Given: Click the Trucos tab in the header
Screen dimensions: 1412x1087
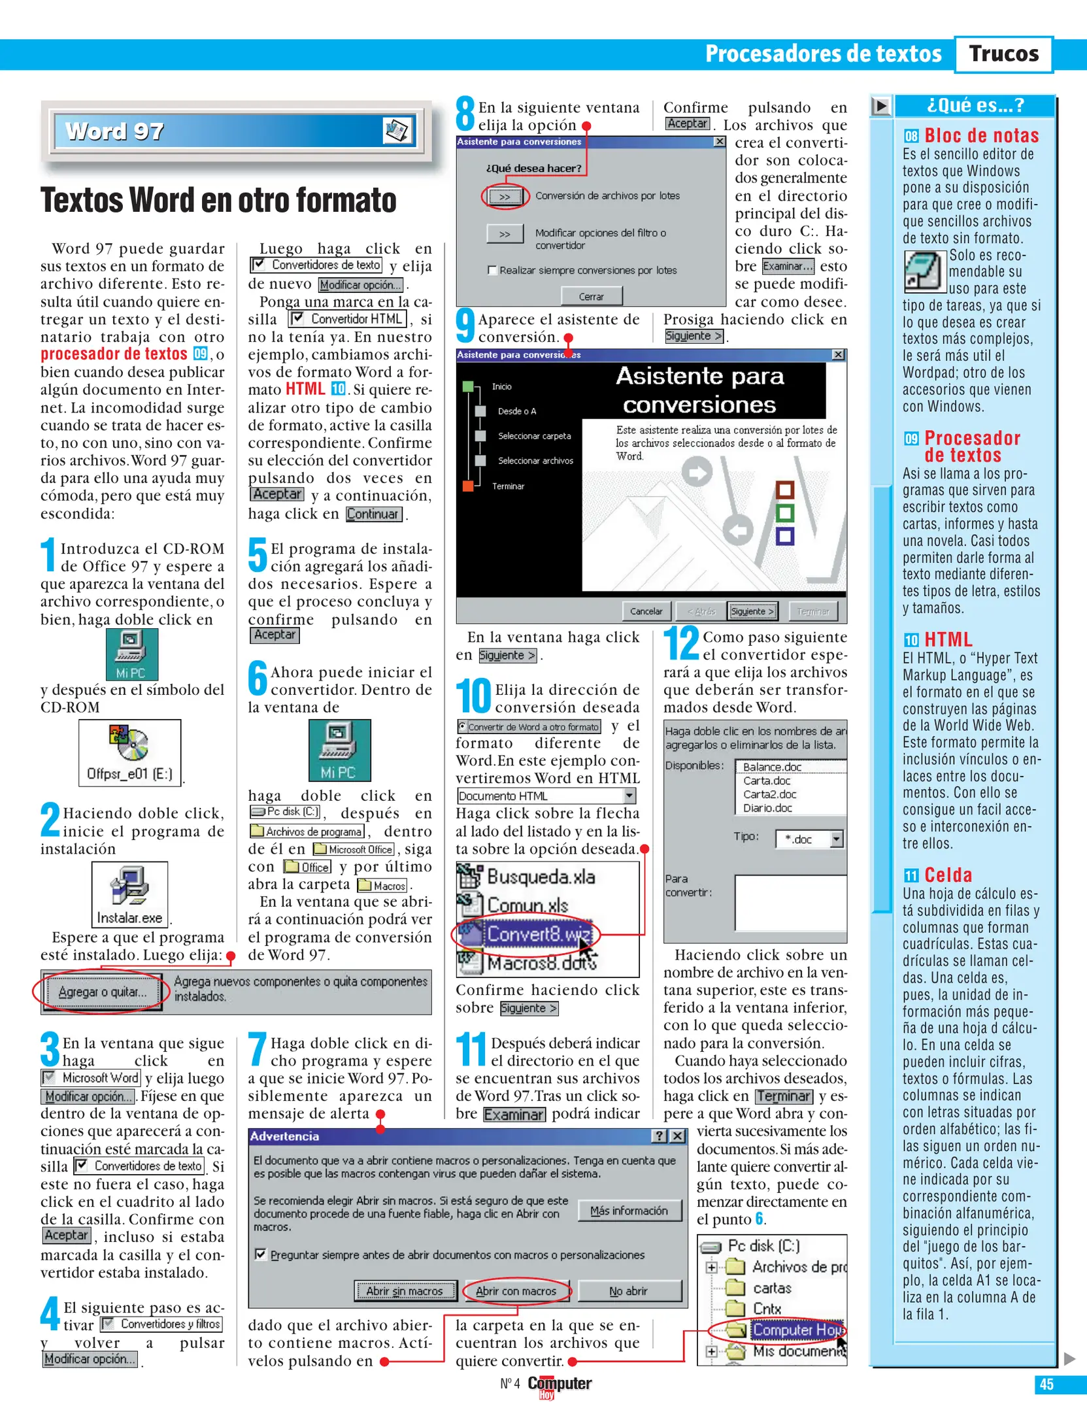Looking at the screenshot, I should coord(1003,54).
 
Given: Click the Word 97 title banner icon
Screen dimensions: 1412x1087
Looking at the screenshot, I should coord(396,131).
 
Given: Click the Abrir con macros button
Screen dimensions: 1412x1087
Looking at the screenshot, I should coord(516,1291).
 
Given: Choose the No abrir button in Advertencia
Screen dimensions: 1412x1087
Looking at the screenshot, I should coord(628,1291).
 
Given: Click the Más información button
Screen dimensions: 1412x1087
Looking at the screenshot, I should coord(629,1211).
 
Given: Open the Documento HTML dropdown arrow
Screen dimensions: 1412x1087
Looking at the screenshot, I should coord(629,796).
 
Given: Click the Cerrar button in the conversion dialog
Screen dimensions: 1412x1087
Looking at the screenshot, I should coord(591,297).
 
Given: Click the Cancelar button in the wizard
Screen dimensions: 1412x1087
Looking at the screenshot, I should coord(646,611).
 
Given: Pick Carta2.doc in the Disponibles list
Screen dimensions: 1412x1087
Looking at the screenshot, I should coord(769,794).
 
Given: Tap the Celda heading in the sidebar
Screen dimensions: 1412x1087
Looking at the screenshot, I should coord(948,875).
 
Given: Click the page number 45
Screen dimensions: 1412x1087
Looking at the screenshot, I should coord(1046,1385).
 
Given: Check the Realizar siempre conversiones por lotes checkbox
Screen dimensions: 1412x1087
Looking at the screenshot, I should coord(492,270).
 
